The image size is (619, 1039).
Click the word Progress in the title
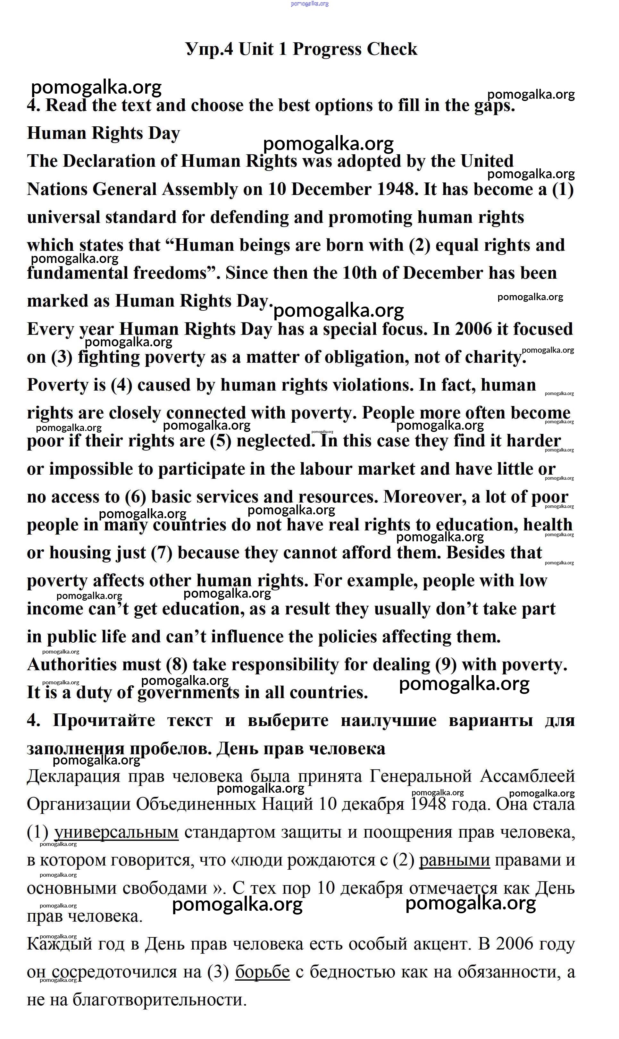pos(327,49)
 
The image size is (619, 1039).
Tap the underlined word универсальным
pos(116,832)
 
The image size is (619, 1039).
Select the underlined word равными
pos(454,860)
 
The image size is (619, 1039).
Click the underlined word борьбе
pos(262,972)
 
